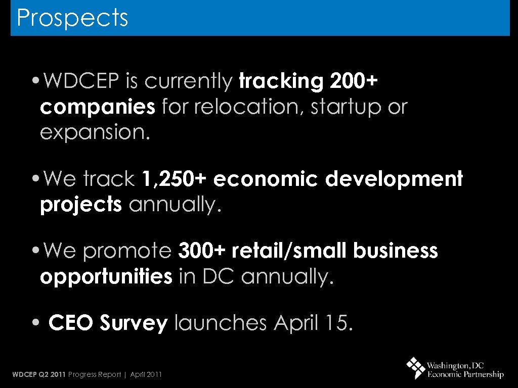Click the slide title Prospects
[72, 18]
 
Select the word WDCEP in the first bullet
[75, 81]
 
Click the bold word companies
[97, 107]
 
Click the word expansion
[95, 132]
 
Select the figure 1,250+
[175, 179]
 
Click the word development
[394, 179]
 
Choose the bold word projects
[81, 205]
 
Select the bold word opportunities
[106, 276]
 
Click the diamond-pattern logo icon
[416, 367]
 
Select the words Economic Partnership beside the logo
[465, 375]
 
